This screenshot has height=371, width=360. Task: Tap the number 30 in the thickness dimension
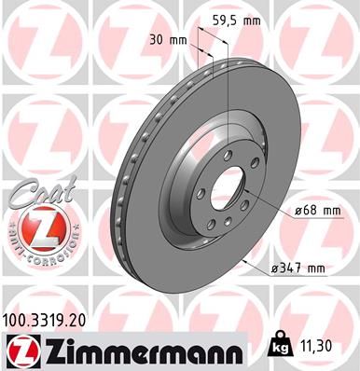(x=157, y=39)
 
